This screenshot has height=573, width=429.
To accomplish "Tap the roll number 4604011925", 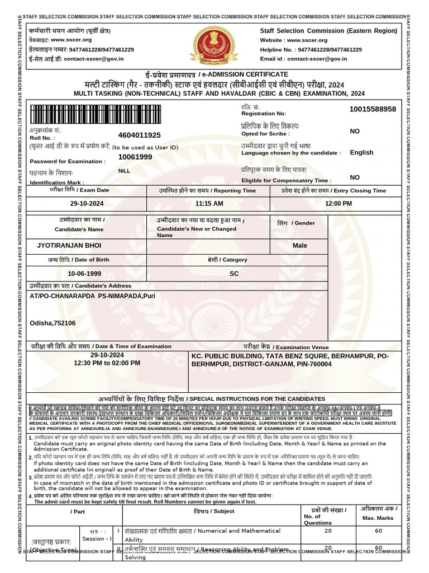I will (x=140, y=135).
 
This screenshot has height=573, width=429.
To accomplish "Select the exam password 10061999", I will (x=135, y=157).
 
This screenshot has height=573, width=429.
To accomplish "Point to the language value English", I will (x=361, y=152).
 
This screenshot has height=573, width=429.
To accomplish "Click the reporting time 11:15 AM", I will (x=209, y=204).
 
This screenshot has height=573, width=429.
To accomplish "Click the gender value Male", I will (x=300, y=246).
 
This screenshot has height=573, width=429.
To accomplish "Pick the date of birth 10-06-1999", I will (x=84, y=274).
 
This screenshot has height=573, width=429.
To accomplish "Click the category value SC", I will (x=234, y=274).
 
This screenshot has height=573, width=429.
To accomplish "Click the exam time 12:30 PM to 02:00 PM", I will (x=107, y=363).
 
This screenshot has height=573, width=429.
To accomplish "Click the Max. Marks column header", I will (x=378, y=518).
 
